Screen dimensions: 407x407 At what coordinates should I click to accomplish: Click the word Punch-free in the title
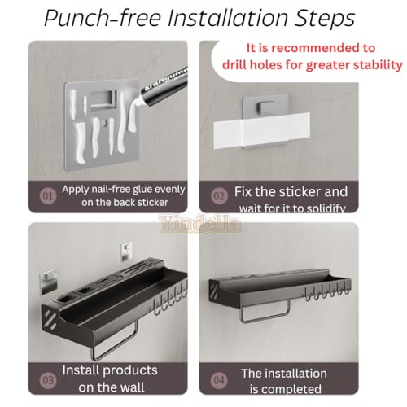[103, 18]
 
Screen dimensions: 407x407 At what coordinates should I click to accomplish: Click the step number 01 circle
[48, 196]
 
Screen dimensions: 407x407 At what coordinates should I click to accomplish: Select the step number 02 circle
[219, 196]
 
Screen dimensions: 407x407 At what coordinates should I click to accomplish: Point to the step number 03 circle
[48, 380]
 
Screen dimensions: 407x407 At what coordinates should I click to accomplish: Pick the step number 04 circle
[219, 380]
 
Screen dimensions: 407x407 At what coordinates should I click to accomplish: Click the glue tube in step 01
[163, 87]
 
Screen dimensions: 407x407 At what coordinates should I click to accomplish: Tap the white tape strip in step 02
[262, 130]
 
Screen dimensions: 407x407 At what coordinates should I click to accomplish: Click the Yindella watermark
[201, 224]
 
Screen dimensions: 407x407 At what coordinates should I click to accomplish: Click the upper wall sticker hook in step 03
[127, 251]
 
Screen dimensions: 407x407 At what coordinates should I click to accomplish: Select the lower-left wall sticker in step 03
[49, 281]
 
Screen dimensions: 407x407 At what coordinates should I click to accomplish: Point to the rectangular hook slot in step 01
[103, 98]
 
